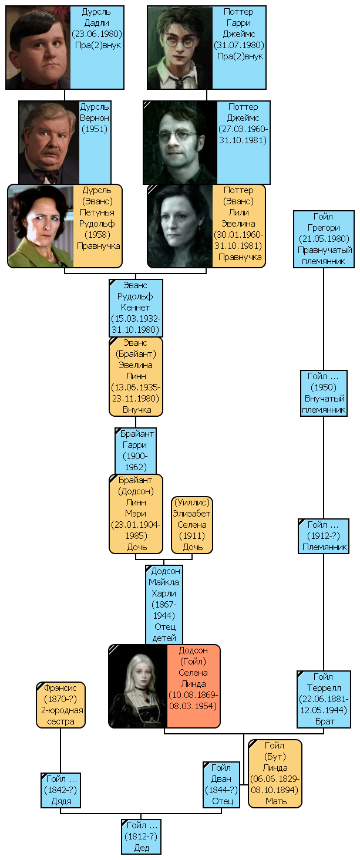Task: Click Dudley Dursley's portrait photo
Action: click(38, 47)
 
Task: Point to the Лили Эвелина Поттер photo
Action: click(180, 226)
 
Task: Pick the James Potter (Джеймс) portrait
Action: click(180, 143)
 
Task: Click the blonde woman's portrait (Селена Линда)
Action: click(138, 686)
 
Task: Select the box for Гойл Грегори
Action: click(324, 240)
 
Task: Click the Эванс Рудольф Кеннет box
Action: click(136, 308)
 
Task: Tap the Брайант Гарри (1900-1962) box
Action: click(136, 450)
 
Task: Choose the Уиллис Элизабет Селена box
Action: click(192, 525)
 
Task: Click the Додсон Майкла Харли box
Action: click(164, 605)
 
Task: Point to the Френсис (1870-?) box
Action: click(60, 704)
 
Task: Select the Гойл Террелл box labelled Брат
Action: click(324, 699)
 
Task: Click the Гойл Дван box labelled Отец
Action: click(221, 784)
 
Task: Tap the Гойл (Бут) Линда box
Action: click(275, 773)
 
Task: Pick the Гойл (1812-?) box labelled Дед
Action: click(142, 837)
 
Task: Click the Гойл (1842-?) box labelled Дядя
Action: click(60, 790)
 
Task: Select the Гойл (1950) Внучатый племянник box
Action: click(324, 393)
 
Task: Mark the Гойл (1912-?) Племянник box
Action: click(324, 536)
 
